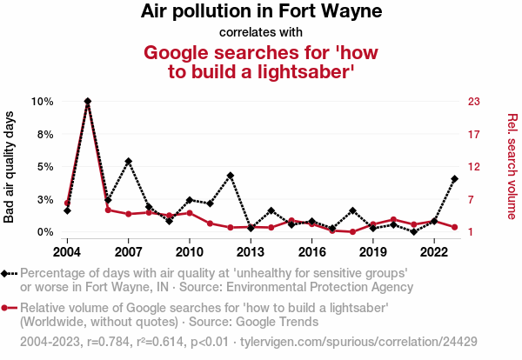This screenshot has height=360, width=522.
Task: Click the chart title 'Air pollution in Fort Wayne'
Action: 261,12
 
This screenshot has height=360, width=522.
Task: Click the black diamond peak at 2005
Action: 88,101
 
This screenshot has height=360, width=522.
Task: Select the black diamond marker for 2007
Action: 129,161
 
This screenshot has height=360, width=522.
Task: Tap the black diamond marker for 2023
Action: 455,179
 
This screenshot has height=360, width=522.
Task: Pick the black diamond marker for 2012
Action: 231,176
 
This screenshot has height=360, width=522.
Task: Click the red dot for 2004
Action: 67,203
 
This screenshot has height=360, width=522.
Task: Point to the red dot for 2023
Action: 455,227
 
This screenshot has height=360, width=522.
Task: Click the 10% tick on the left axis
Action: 43,101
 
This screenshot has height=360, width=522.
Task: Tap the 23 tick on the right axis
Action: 474,101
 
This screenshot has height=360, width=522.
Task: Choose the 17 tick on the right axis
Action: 474,134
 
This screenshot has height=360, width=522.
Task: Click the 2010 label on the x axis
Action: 190,252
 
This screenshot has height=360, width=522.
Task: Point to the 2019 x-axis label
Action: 373,252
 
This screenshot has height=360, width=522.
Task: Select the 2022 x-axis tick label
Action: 434,252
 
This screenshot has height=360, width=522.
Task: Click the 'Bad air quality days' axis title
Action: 10,167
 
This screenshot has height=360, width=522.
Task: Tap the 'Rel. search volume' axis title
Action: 512,167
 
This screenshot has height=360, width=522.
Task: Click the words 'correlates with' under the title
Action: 261,32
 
